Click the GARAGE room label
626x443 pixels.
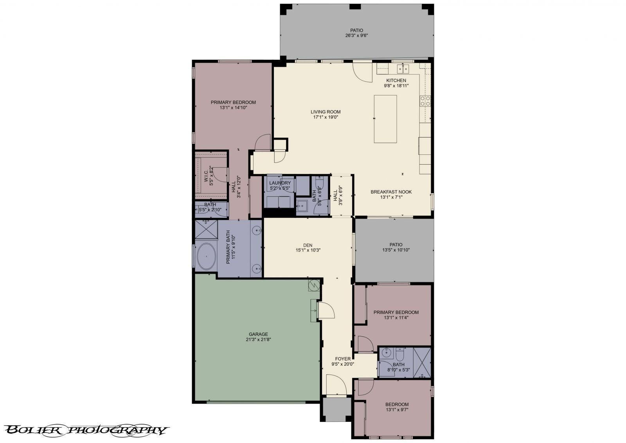coord(258,334)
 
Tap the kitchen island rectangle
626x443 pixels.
coord(385,119)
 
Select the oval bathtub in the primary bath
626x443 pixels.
coord(205,256)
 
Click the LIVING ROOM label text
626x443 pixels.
coord(326,112)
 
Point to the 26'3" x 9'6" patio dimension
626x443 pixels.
coord(356,36)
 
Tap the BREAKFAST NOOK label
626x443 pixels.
coord(391,192)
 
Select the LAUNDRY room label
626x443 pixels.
coord(280,183)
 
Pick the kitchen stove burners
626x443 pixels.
coord(425,101)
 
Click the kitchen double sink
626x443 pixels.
coord(403,69)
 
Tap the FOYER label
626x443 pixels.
coord(343,359)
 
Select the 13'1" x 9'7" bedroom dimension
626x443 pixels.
coord(397,410)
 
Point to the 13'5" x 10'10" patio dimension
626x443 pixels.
coord(396,250)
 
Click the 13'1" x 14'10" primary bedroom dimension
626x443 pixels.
coord(233,108)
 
